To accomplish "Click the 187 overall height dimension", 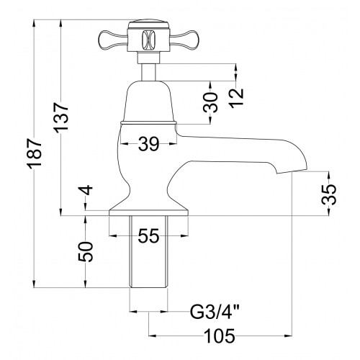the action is pos(35,153).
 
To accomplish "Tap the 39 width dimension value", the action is pos(149,144).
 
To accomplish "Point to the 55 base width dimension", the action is pos(149,235).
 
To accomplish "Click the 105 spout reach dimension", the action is pos(220,336).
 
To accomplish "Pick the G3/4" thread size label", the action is pos(215,311).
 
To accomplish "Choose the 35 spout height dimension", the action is pos(328,194).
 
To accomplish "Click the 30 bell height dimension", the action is pos(210,102).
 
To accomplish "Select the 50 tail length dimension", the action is pos(86,252).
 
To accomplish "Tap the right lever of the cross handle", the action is pos(184,40).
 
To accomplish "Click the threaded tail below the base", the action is pos(148,251).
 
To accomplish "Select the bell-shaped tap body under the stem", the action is pos(148,102).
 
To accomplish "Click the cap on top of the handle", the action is pos(148,25).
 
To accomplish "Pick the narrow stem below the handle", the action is pos(148,72).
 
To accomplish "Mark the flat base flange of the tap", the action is pos(148,213).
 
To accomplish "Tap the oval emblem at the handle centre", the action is pos(148,40).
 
